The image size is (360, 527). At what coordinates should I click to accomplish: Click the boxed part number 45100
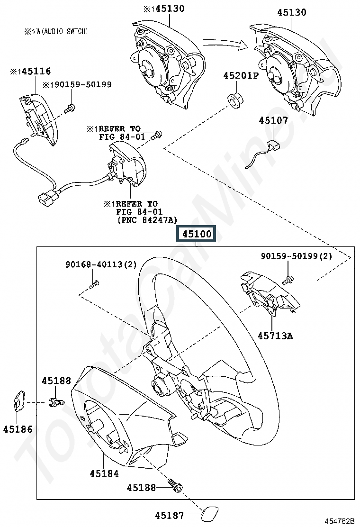tap(197, 234)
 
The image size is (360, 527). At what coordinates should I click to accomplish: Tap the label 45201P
tap(241, 76)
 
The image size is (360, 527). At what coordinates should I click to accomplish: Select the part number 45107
tap(273, 120)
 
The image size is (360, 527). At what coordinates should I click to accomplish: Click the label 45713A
tap(275, 336)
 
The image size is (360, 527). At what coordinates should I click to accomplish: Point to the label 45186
tap(18, 429)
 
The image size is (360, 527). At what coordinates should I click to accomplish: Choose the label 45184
tap(104, 473)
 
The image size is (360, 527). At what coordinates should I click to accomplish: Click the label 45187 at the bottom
tap(169, 515)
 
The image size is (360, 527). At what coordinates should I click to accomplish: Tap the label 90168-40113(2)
tap(101, 264)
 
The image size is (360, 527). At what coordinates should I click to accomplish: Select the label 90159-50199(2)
tap(297, 256)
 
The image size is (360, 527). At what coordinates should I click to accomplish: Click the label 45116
tap(31, 71)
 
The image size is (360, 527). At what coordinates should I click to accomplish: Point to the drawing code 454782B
tap(339, 521)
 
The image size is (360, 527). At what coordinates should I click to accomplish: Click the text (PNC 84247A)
tap(147, 220)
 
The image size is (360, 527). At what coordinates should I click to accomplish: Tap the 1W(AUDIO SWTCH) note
tap(56, 31)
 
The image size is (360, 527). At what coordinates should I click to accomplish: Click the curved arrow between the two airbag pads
tap(225, 44)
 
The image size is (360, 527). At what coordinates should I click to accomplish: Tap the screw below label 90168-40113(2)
tap(94, 284)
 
